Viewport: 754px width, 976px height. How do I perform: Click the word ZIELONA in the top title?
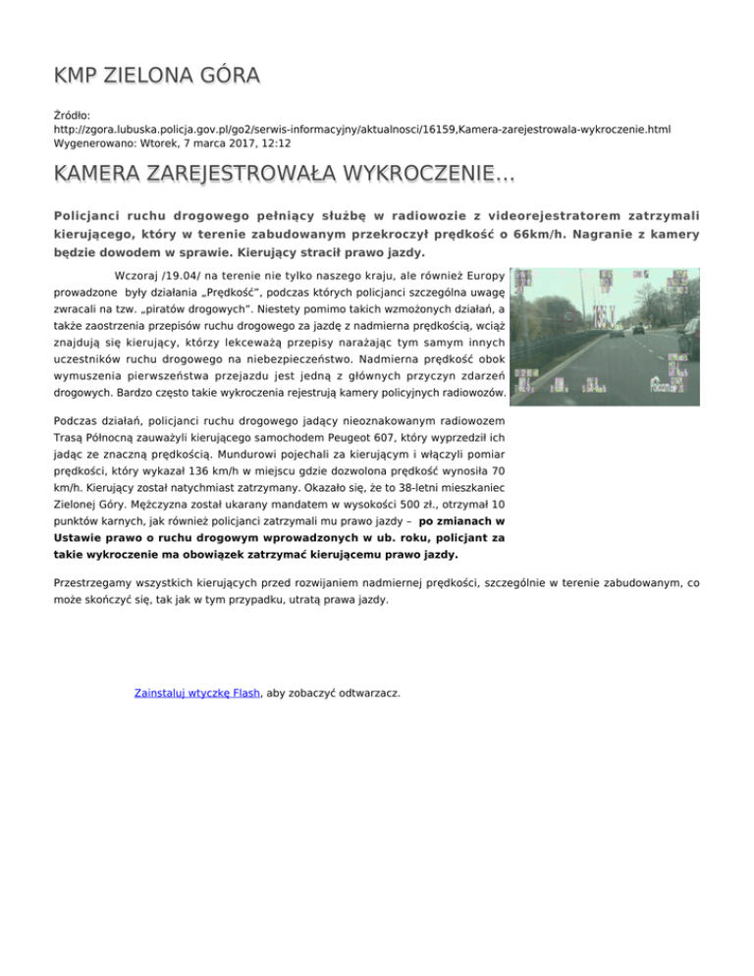(x=150, y=76)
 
